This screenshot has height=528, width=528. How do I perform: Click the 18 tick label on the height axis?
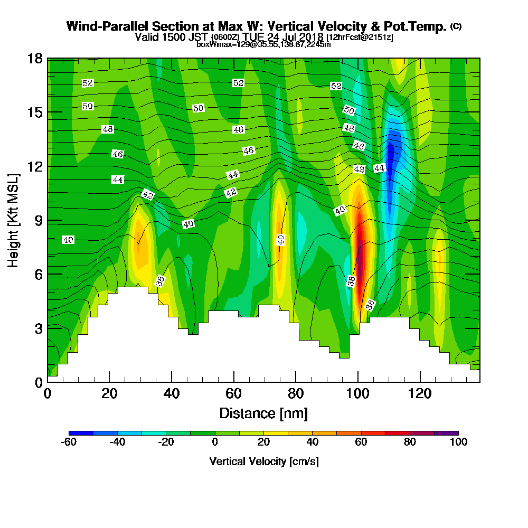(x=35, y=58)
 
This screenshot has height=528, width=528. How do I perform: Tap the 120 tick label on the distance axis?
(x=420, y=394)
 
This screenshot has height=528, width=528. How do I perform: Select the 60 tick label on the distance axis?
(x=233, y=394)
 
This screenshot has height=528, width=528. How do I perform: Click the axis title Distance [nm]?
(x=263, y=413)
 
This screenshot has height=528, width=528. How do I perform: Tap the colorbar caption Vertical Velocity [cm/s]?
(x=263, y=461)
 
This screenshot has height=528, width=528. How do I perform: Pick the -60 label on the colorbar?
(x=69, y=442)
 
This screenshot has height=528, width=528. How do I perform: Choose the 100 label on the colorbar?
(x=458, y=442)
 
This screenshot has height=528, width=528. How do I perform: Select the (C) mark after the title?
(x=456, y=26)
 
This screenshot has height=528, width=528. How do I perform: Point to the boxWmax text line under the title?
(x=263, y=44)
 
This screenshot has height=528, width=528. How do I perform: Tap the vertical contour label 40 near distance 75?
(x=281, y=240)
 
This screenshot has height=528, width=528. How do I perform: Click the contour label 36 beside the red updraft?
(x=370, y=305)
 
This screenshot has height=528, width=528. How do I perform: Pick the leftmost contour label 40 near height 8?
(x=68, y=240)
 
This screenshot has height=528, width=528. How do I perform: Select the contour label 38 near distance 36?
(x=160, y=281)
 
